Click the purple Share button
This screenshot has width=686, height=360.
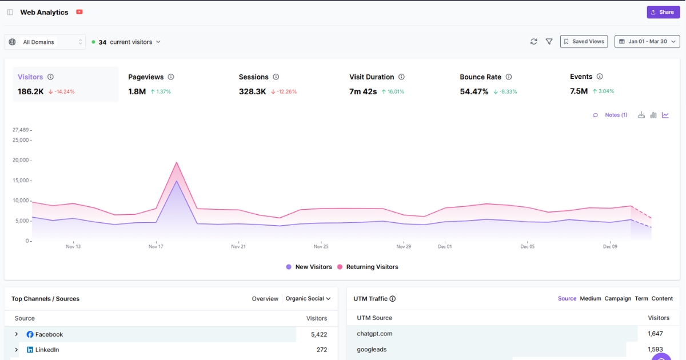click(663, 12)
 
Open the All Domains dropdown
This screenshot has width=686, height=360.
click(45, 42)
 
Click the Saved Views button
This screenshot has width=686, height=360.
click(584, 42)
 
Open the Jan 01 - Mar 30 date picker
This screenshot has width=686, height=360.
click(647, 42)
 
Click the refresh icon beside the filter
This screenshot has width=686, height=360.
click(534, 42)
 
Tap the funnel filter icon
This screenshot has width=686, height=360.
click(549, 42)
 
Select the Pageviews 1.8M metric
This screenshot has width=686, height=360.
click(137, 91)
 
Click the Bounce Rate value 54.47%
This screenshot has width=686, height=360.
click(474, 91)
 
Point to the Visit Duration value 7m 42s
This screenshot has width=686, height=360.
click(363, 91)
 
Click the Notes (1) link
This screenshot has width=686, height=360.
click(616, 115)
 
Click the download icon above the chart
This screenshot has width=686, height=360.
click(641, 115)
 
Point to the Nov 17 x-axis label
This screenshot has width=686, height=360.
click(156, 247)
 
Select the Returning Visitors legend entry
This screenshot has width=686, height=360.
click(372, 267)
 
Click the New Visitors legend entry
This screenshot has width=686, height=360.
click(313, 267)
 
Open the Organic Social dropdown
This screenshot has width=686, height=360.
click(308, 299)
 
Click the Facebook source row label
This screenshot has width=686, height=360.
click(49, 334)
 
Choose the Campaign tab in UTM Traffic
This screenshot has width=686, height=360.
click(617, 299)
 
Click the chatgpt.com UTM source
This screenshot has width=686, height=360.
click(374, 334)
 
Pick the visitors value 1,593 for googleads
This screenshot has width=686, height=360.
click(655, 349)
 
